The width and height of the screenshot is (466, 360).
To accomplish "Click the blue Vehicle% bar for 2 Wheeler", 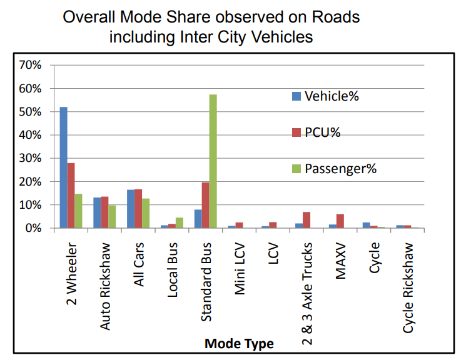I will [63, 167].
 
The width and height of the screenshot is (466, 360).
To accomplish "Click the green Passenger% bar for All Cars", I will [146, 213].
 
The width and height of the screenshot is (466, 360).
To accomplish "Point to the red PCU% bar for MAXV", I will [340, 221].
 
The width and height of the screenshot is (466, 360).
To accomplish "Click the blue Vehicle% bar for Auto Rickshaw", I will [97, 212].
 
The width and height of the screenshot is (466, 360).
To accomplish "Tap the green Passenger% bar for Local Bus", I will [179, 222].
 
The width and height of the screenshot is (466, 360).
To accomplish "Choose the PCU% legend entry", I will [322, 132].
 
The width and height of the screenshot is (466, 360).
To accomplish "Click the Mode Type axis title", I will [239, 344].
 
